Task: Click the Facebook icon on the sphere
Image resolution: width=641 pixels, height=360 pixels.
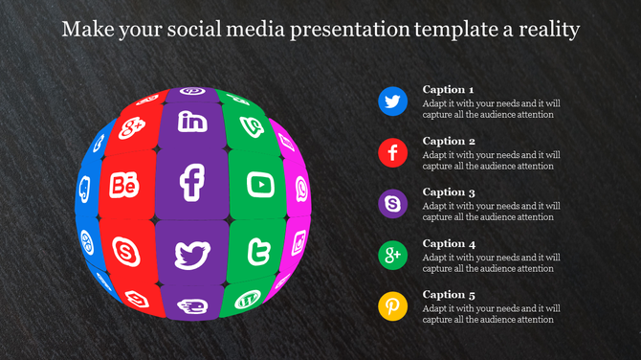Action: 193,183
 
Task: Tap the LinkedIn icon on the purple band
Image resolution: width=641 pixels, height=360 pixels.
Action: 193,122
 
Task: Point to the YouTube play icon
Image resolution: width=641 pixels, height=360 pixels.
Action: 260,183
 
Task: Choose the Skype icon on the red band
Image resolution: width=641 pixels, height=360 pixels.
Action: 125,252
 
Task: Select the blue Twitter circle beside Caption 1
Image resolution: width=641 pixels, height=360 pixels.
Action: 393,100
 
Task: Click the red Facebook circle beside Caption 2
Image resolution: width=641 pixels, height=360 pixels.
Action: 393,151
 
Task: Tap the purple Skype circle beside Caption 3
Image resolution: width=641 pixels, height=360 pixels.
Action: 393,203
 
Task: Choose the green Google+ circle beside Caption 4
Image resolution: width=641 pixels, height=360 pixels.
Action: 393,255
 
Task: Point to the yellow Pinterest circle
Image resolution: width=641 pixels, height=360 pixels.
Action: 393,306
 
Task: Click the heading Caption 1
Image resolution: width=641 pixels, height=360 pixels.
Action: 449,89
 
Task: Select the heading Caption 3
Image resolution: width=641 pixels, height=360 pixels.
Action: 449,192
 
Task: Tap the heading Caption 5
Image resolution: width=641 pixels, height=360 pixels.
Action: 449,295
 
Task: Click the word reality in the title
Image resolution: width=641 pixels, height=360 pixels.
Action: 546,30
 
